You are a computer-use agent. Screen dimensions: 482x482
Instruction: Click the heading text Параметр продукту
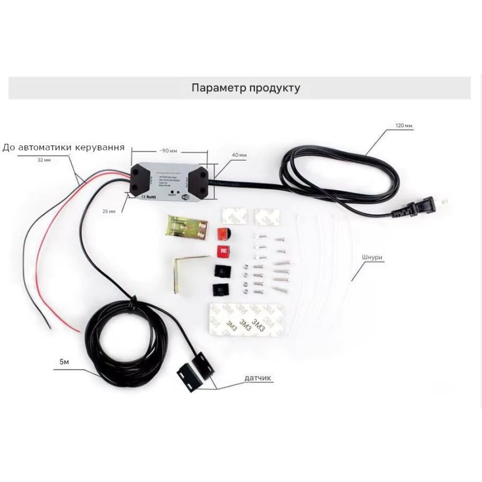(x=246, y=88)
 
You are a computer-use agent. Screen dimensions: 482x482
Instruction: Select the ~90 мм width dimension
(x=169, y=151)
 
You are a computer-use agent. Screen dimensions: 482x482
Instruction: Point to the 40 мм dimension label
(x=239, y=155)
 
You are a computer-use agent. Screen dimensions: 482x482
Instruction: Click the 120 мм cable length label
(x=404, y=126)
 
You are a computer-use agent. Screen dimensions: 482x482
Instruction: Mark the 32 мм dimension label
(x=44, y=160)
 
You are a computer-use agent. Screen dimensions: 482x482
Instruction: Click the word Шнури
(x=373, y=257)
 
